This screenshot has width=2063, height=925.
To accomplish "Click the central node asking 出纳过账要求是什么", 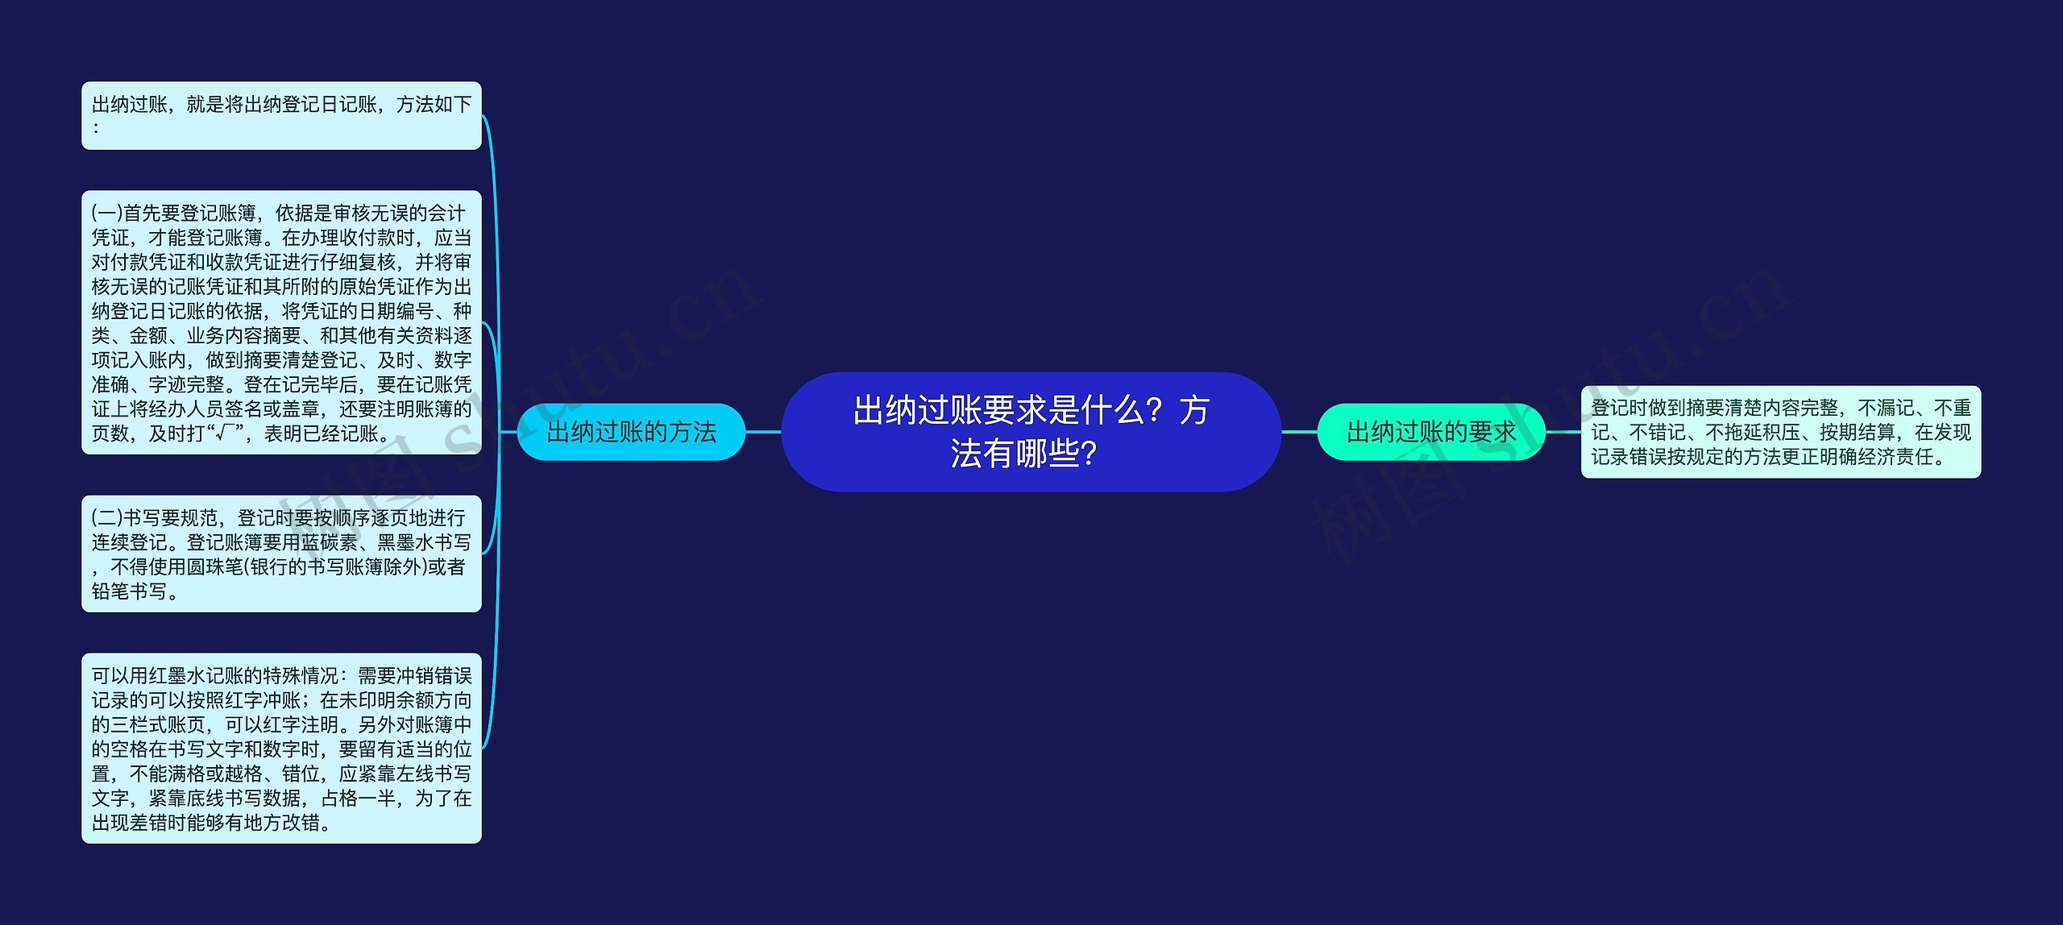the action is tap(1031, 432).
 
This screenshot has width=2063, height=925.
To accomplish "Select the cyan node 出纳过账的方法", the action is tap(631, 432).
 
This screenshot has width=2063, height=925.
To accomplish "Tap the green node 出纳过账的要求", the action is tap(1431, 432).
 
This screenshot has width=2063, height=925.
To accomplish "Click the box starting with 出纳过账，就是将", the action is tap(281, 115).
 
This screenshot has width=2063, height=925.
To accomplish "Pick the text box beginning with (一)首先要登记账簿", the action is tap(281, 322).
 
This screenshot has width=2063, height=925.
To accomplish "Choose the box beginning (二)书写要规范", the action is tap(281, 554).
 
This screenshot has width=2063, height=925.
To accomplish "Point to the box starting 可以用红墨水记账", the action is tap(281, 749).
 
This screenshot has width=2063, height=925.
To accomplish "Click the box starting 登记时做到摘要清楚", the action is tap(1781, 432).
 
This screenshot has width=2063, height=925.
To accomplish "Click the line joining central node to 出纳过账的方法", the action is tap(763, 432).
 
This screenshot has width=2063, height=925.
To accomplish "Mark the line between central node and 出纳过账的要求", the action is tap(1299, 432).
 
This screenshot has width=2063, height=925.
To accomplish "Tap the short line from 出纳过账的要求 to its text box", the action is tap(1563, 432).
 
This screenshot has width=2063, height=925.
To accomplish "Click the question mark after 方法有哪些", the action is tap(1089, 454).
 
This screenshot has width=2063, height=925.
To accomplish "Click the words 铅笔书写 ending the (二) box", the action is tap(130, 591).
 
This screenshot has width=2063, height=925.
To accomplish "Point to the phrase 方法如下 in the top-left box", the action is tap(434, 104).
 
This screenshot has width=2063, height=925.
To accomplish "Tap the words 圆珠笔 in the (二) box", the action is tap(215, 567).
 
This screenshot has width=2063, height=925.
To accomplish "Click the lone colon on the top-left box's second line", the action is tap(96, 127).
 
